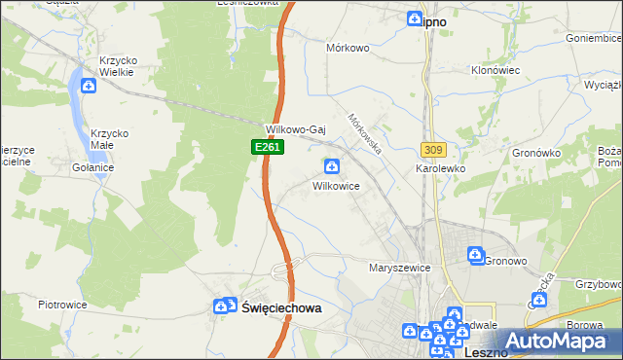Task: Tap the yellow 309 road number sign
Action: pyautogui.click(x=433, y=149)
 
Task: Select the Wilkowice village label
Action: pyautogui.click(x=337, y=185)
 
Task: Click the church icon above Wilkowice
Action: pyautogui.click(x=332, y=166)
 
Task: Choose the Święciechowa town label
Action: pyautogui.click(x=280, y=306)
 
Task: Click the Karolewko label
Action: pyautogui.click(x=441, y=168)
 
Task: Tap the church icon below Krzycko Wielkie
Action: pyautogui.click(x=90, y=86)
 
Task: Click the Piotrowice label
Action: pyautogui.click(x=62, y=305)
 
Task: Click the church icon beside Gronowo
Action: pyautogui.click(x=476, y=256)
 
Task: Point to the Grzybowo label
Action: pyautogui.click(x=598, y=285)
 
